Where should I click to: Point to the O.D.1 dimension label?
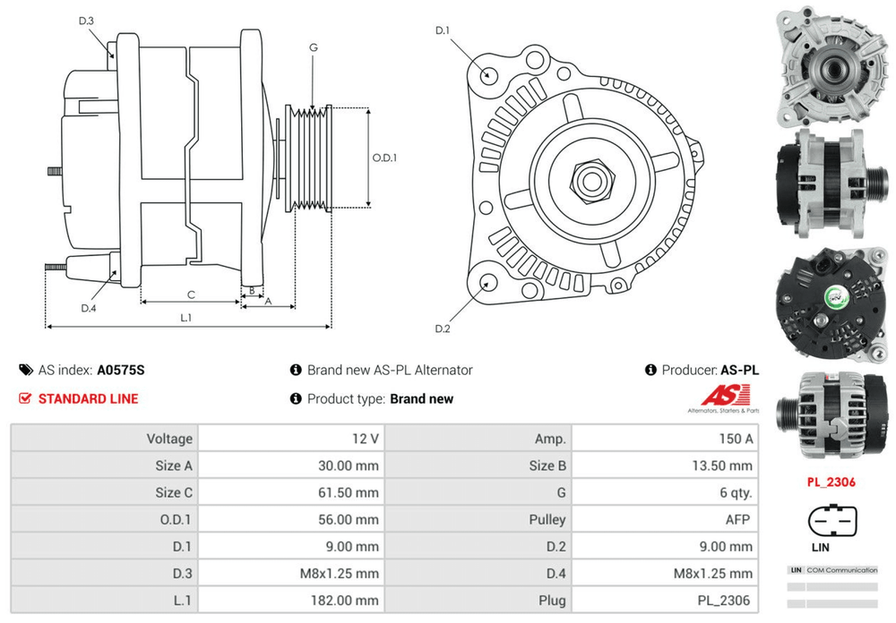pyautogui.click(x=384, y=158)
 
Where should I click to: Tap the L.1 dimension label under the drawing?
pyautogui.click(x=186, y=317)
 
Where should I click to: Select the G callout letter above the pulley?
pyautogui.click(x=314, y=47)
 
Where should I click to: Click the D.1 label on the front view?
pyautogui.click(x=442, y=31)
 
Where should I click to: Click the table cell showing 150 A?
pyautogui.click(x=736, y=439)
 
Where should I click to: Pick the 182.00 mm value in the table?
pyautogui.click(x=350, y=601)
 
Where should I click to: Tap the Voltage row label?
pyautogui.click(x=169, y=439)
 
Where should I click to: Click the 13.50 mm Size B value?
pyautogui.click(x=727, y=465)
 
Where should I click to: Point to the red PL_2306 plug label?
pyautogui.click(x=831, y=482)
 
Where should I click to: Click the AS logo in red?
pyautogui.click(x=719, y=396)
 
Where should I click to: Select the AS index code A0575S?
pyautogui.click(x=121, y=370)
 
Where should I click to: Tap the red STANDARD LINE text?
pyautogui.click(x=88, y=398)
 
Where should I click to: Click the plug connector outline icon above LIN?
pyautogui.click(x=831, y=520)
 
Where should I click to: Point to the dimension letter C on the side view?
pyautogui.click(x=191, y=294)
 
